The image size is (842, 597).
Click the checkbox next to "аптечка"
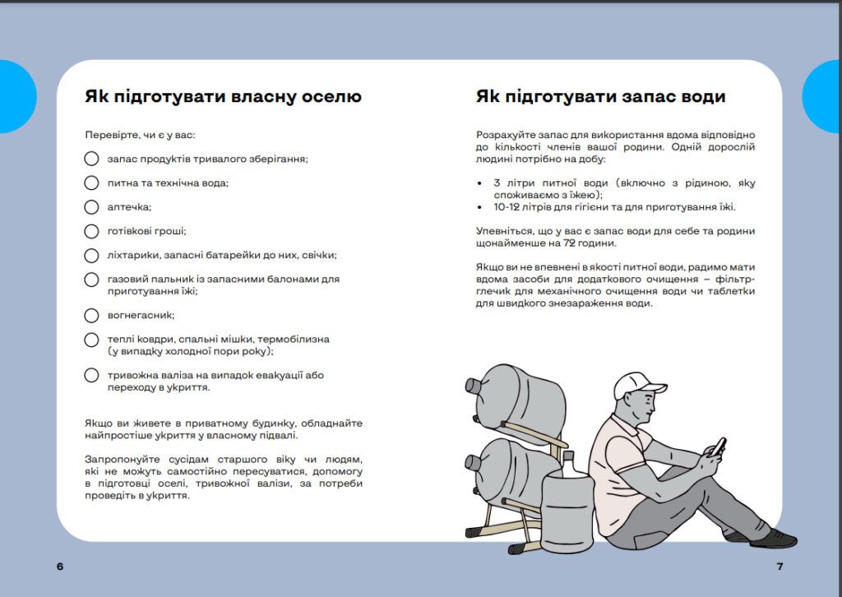[x=91, y=206]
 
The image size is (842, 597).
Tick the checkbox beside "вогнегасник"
[x=91, y=315]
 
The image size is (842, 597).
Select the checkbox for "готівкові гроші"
[x=91, y=231]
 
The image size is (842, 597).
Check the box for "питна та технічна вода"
[x=91, y=183]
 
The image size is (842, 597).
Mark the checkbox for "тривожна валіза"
[x=91, y=375]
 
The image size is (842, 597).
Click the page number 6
[x=60, y=567]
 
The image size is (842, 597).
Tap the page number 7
[x=780, y=567]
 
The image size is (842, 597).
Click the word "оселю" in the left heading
[x=331, y=97]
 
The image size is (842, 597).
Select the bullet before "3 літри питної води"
[x=479, y=183]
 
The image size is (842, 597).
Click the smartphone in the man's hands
[x=718, y=446]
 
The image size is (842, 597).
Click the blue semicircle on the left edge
[x=16, y=96]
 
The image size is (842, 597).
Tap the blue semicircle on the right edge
[x=824, y=96]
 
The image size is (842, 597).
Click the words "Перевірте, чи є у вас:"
[x=140, y=134]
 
